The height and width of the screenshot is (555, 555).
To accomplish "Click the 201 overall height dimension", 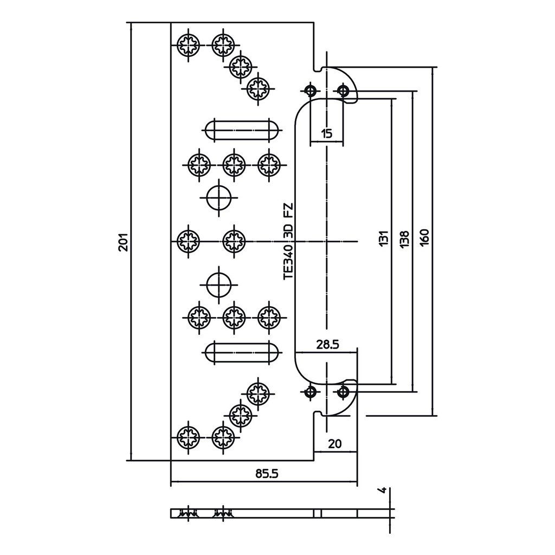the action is [x=123, y=242].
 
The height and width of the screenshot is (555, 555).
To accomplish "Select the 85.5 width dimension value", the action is [x=267, y=473].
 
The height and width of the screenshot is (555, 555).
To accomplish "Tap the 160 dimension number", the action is [x=425, y=237].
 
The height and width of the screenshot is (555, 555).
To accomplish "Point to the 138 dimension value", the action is [x=405, y=239].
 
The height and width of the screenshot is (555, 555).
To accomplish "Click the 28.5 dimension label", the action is [x=327, y=344].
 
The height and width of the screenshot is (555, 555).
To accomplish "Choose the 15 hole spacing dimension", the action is [x=327, y=134].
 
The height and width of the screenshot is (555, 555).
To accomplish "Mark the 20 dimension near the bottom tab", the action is [x=335, y=444].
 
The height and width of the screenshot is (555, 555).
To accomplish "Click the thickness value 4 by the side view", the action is [x=382, y=490].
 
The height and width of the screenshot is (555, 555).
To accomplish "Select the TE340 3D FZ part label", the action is [x=288, y=241].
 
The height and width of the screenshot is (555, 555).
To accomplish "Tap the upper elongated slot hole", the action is [x=242, y=130].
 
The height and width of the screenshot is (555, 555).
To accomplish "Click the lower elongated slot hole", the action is [x=242, y=352].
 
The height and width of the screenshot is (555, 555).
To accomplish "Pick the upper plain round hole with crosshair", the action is [x=219, y=197].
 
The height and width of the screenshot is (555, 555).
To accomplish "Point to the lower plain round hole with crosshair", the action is [x=219, y=285].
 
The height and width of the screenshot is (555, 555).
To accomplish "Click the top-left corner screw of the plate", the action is [x=188, y=45].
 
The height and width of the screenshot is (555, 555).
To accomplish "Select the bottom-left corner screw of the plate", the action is [x=188, y=437].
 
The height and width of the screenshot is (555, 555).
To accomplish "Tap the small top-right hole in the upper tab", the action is [x=343, y=91].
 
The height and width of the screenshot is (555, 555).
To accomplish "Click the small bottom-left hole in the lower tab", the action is [x=311, y=391].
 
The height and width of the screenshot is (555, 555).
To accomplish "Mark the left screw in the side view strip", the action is [x=188, y=513].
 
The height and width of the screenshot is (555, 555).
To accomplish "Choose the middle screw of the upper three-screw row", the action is [x=234, y=165].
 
